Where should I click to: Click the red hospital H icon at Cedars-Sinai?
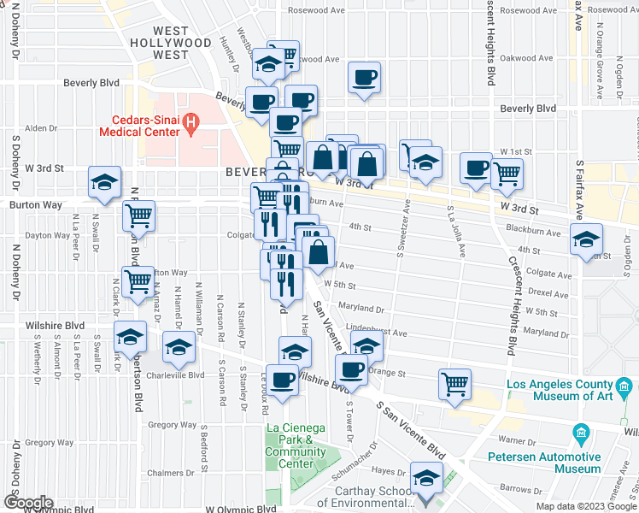click(191, 124)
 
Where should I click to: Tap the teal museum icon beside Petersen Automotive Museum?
click(583, 433)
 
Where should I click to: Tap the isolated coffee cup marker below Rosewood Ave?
click(365, 79)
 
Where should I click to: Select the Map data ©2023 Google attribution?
click(585, 506)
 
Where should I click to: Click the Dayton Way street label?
click(48, 235)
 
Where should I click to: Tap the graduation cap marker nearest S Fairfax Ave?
click(586, 239)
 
